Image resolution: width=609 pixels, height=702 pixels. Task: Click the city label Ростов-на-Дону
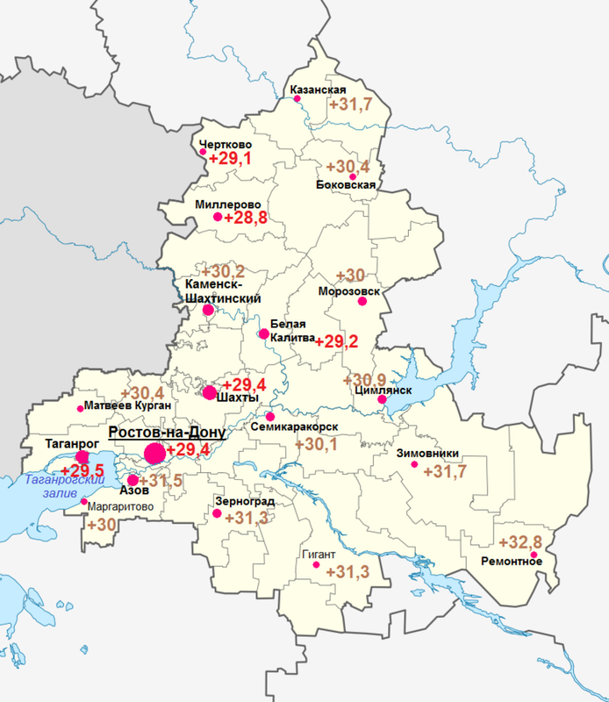click(167, 433)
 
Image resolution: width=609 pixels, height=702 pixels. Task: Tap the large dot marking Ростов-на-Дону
click(154, 454)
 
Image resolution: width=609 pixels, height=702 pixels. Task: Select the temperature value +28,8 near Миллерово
click(246, 217)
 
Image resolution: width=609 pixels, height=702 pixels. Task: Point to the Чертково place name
click(226, 145)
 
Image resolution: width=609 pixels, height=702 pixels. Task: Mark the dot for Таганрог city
click(82, 457)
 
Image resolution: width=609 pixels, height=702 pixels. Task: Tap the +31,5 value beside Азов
click(161, 481)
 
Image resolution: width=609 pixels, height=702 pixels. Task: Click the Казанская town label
click(318, 90)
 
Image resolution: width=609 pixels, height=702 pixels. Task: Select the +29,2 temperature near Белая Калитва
click(337, 341)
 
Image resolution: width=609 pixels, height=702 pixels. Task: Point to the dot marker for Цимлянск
click(383, 400)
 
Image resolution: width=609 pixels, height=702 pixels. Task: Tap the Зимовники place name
click(428, 455)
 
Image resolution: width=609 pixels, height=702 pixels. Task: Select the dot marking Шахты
click(209, 392)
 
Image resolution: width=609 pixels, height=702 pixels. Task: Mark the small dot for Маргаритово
click(84, 501)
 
